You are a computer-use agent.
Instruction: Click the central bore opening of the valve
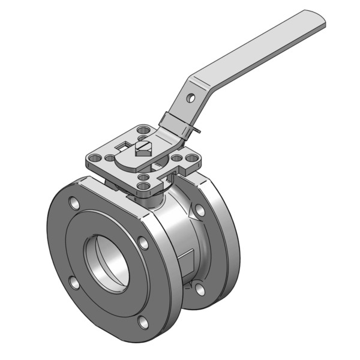tap(107, 261)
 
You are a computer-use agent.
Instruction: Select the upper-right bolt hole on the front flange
tap(143, 242)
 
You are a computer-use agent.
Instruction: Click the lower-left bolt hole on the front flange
tap(73, 281)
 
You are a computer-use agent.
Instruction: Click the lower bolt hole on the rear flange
tap(199, 289)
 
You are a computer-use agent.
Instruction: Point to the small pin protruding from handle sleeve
tap(198, 129)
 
